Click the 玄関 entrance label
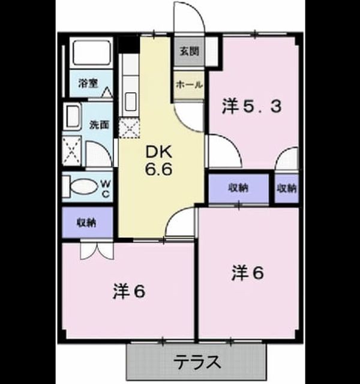[189, 52]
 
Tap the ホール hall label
[189, 85]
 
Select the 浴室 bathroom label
[88, 83]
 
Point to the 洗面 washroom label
[99, 125]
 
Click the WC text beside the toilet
[106, 188]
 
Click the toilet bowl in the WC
[83, 187]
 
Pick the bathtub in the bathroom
[91, 53]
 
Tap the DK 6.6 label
[158, 161]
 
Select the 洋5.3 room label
[251, 107]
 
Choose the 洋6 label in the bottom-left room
[129, 292]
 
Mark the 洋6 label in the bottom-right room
[248, 273]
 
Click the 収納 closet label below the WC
[86, 223]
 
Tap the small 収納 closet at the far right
[287, 188]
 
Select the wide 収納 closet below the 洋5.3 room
[239, 188]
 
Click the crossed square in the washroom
[71, 151]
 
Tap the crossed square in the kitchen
[130, 128]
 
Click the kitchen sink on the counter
[131, 101]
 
